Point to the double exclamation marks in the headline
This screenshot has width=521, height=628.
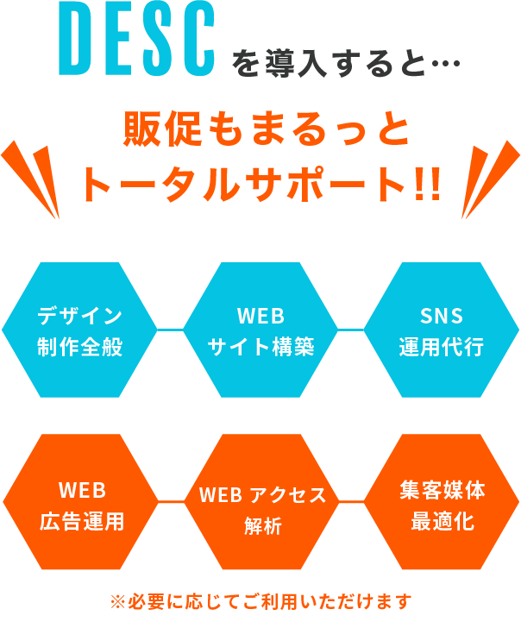tap(425, 182)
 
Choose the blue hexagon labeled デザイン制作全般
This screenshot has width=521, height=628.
tap(79, 330)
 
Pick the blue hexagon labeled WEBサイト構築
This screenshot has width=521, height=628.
tap(260, 330)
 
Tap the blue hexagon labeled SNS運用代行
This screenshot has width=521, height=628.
tap(442, 330)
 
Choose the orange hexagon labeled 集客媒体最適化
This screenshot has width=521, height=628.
tap(443, 506)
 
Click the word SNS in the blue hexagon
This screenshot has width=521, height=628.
tap(442, 314)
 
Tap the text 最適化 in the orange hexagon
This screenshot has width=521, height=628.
tap(443, 522)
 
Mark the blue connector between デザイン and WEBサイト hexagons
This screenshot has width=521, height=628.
tap(170, 330)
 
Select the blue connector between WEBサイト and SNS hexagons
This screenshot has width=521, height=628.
tap(351, 330)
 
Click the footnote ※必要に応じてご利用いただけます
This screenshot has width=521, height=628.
tap(260, 600)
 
